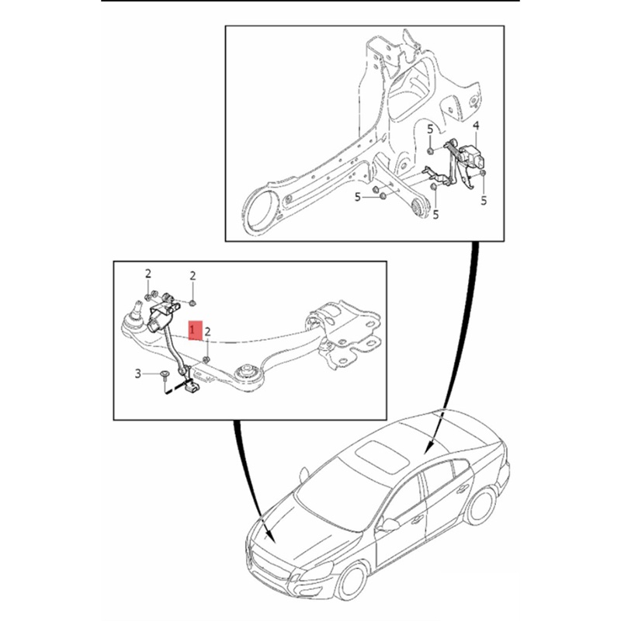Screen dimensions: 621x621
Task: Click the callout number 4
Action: [x=476, y=126]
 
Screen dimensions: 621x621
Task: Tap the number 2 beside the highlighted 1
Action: [x=208, y=332]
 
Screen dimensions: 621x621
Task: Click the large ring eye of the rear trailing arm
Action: [x=261, y=210]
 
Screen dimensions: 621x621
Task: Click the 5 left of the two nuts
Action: [x=359, y=198]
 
